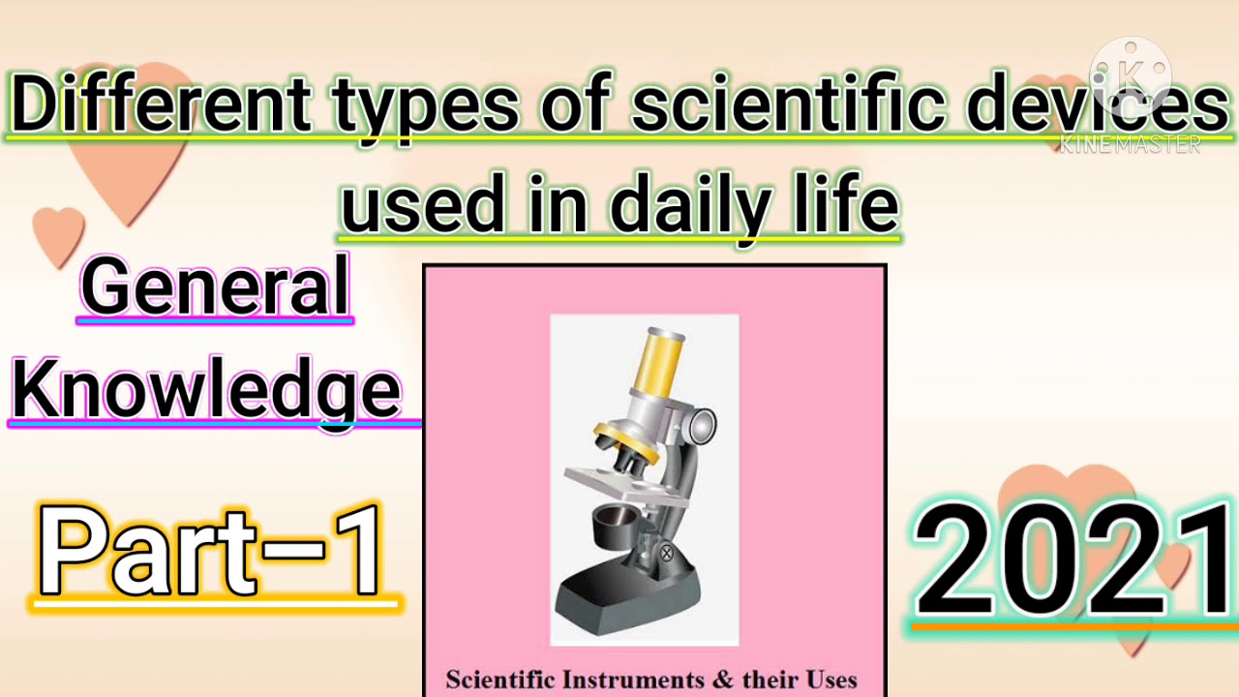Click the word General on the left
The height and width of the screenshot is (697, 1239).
(x=215, y=287)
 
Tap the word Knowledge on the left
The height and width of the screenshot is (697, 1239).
(x=206, y=389)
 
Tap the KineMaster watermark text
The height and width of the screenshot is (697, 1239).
(x=1130, y=144)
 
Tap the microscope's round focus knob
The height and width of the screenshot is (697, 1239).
(x=700, y=424)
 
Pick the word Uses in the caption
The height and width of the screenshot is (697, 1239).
(x=829, y=680)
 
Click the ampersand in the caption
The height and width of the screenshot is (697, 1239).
(x=723, y=680)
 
